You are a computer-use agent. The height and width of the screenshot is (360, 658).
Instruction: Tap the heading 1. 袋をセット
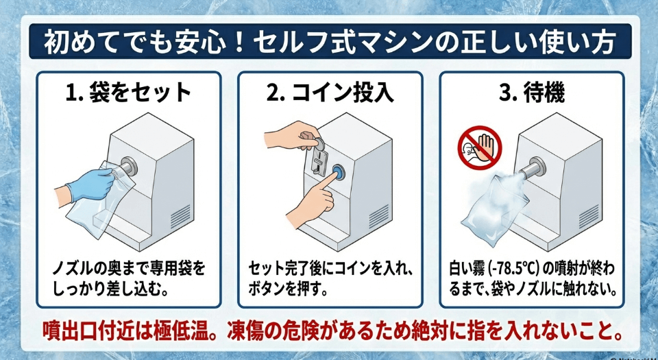[130, 93]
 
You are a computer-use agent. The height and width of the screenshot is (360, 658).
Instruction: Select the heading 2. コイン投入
[330, 93]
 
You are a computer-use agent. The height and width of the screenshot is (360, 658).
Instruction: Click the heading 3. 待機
[531, 93]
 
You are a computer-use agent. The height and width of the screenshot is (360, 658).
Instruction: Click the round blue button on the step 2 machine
[338, 173]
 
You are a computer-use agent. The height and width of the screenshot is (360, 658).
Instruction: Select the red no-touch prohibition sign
[480, 147]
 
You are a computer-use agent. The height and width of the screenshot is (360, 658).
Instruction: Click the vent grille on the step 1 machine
[180, 216]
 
